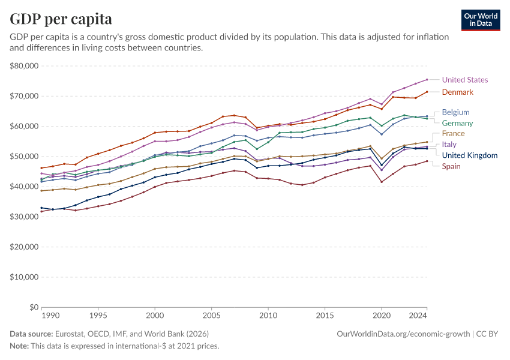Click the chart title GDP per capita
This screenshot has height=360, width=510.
[x=61, y=19]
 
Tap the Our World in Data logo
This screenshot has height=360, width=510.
[x=480, y=20]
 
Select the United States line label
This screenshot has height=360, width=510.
[x=464, y=80]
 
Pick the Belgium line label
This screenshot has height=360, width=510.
[x=455, y=112]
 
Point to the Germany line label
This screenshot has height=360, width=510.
[x=457, y=123]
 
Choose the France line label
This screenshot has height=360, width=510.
[x=453, y=134]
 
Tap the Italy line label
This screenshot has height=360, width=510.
[x=449, y=145]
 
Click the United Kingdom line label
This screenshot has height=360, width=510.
[x=469, y=155]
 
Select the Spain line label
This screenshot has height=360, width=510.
[x=451, y=166]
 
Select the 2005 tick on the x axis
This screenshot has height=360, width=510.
[x=211, y=315]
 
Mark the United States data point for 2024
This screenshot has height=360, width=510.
[x=427, y=79]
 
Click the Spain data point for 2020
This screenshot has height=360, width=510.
[x=382, y=182]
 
